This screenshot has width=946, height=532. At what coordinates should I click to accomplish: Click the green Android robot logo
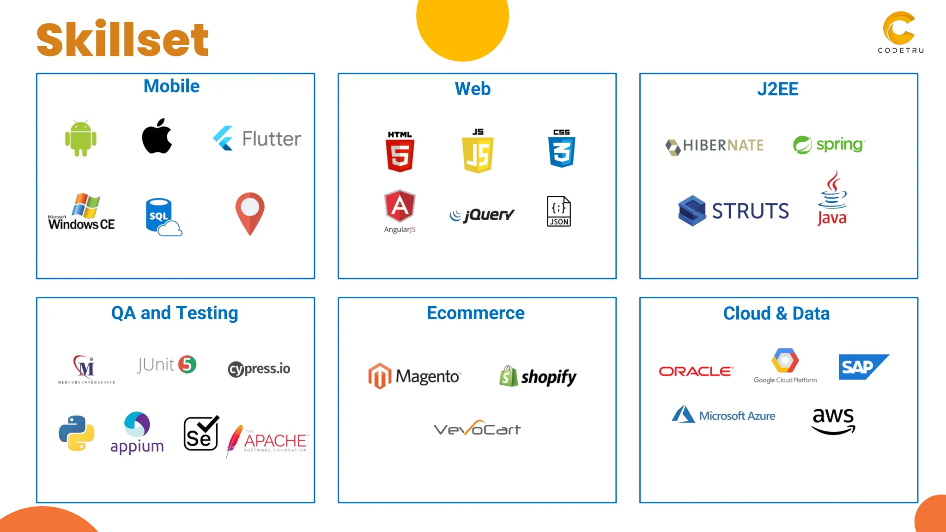click(81, 139)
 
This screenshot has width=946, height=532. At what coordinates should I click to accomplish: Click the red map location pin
click(250, 213)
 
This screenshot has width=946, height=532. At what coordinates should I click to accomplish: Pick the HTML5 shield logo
click(400, 152)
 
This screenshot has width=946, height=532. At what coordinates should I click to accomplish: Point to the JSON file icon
click(559, 211)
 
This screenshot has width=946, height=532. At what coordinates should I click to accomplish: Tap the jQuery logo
click(482, 215)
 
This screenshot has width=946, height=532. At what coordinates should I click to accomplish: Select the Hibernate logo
click(715, 146)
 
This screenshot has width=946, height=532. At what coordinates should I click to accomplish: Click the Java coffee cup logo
click(832, 199)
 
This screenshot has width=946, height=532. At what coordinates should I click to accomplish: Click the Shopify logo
click(538, 377)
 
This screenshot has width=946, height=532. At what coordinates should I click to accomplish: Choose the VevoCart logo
click(477, 429)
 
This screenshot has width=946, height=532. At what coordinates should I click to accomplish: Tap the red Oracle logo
click(696, 371)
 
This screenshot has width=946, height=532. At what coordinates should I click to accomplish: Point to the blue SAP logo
click(863, 367)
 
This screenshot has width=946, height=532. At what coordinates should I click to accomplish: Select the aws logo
click(834, 421)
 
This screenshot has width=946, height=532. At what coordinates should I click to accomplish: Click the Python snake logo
click(77, 433)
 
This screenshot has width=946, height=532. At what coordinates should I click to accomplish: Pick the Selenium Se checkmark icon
click(201, 433)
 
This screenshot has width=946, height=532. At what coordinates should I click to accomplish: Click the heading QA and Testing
click(175, 313)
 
